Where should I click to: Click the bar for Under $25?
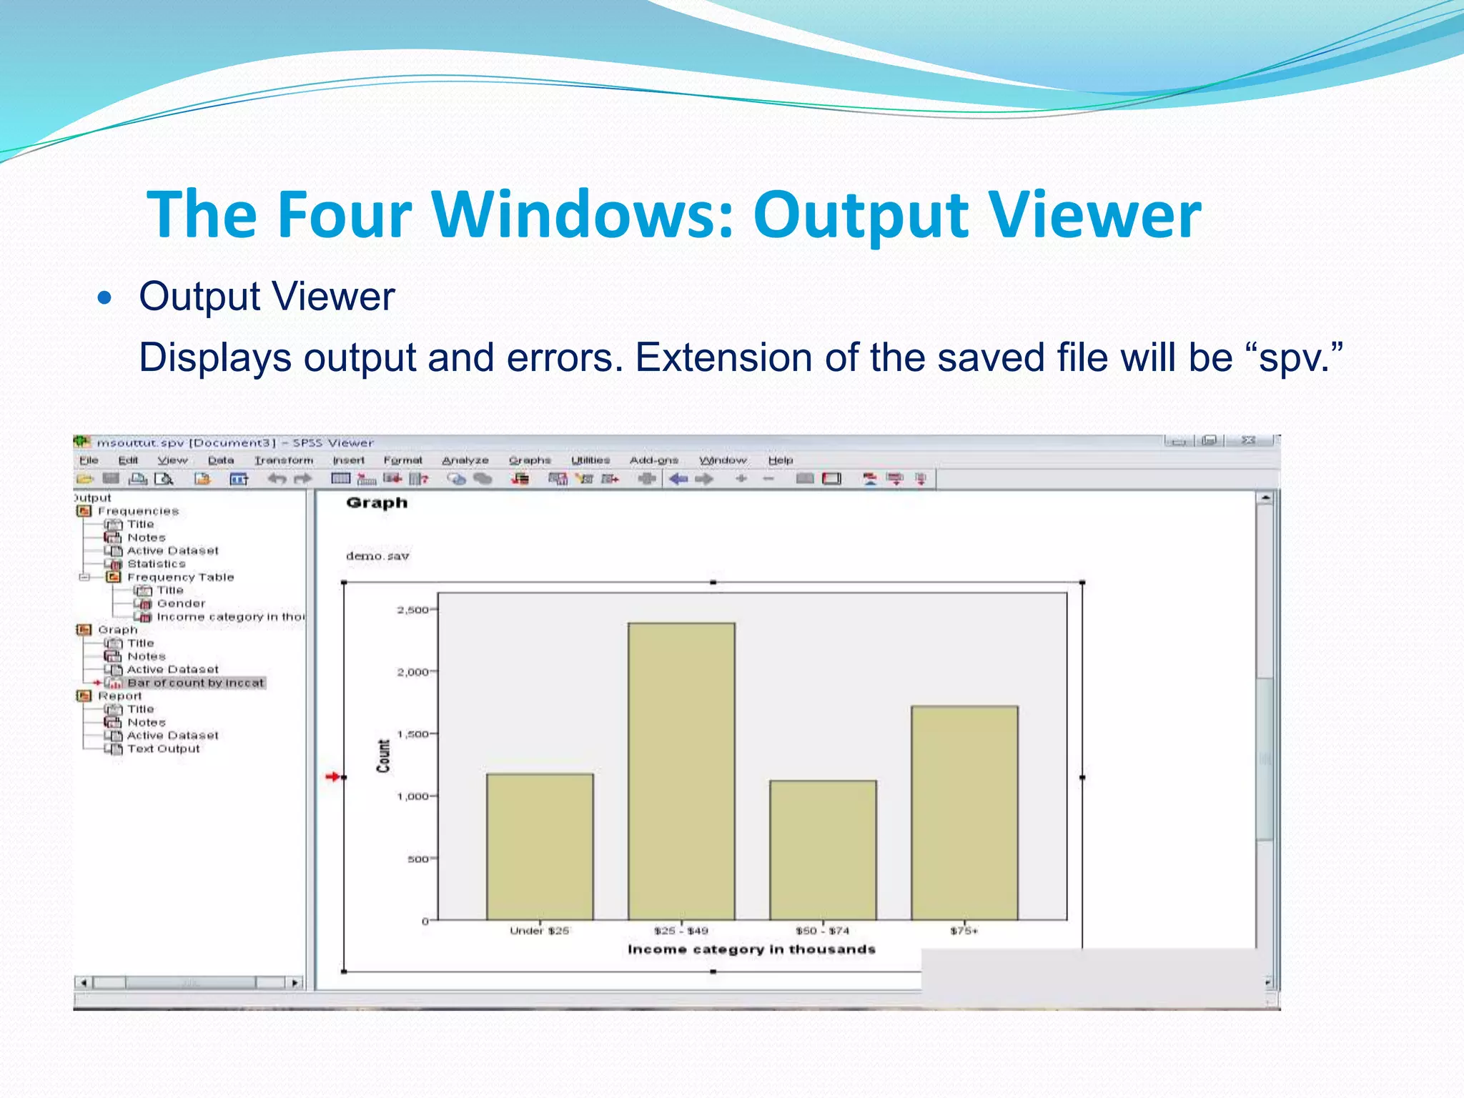(540, 847)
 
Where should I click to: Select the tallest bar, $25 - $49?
(681, 772)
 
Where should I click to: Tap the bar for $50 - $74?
(823, 851)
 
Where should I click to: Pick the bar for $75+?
(964, 813)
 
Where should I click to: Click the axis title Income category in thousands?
(751, 949)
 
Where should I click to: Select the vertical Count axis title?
(384, 756)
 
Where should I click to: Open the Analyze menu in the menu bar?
(465, 460)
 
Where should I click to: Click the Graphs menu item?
(530, 460)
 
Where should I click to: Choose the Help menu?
(781, 460)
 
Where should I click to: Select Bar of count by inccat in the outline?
(195, 683)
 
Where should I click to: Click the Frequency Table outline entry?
(180, 577)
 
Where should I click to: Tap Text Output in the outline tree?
(164, 748)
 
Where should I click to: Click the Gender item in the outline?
(181, 603)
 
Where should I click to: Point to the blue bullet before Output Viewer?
(105, 297)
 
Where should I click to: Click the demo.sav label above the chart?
(377, 555)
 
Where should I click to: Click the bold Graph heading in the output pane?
(377, 503)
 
